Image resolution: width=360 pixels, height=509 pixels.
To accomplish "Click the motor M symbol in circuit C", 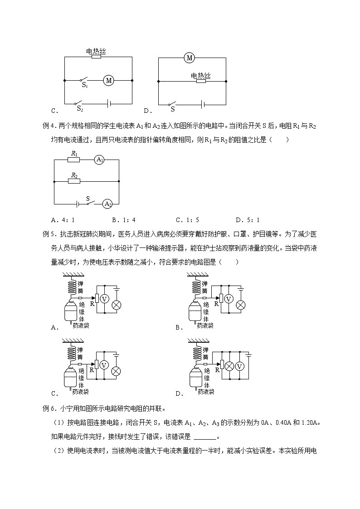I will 108,81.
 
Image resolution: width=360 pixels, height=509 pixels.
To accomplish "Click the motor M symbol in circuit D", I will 189,58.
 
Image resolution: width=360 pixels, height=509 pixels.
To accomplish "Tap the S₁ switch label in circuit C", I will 84,85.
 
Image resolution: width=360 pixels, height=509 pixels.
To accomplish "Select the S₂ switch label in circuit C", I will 80,108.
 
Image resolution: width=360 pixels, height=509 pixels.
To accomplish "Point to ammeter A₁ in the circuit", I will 100,160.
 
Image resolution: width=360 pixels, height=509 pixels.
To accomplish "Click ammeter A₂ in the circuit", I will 107,204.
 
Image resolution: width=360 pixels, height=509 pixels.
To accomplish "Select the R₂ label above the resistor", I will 74,175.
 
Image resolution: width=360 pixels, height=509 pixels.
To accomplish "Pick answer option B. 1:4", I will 123,220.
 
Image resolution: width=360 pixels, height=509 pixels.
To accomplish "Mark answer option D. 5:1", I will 248,220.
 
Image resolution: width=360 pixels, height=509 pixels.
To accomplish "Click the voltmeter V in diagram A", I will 104,299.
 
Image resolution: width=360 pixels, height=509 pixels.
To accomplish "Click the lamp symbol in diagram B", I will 241,305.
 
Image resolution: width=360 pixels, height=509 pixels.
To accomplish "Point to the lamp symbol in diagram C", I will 116,371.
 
